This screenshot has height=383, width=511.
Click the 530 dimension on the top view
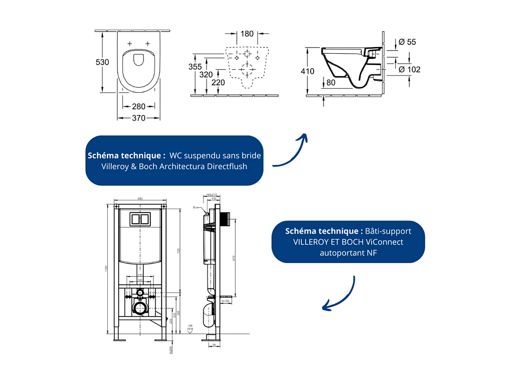(x=102, y=62)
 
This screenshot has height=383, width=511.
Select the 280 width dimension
(x=139, y=106)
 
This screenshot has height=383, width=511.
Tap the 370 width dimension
(x=139, y=118)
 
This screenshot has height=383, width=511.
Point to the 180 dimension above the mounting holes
(x=247, y=33)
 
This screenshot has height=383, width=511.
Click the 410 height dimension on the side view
(x=308, y=71)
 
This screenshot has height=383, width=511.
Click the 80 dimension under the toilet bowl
(x=331, y=82)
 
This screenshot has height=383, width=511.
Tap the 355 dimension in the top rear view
(x=195, y=67)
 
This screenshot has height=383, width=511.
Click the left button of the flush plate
(x=135, y=219)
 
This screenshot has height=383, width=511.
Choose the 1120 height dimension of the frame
(x=106, y=269)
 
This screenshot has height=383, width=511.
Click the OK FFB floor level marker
(x=190, y=328)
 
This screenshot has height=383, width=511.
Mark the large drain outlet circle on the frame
(x=140, y=309)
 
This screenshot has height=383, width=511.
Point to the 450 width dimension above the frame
(x=140, y=199)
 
